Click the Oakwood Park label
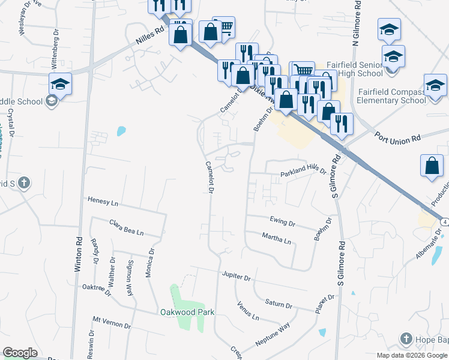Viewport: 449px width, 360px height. tap(187, 312)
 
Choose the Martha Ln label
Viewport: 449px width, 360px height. tap(276, 238)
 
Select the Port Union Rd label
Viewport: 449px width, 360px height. tap(397, 139)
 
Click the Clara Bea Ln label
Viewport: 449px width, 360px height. tap(127, 227)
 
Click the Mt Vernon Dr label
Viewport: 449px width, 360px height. tap(111, 322)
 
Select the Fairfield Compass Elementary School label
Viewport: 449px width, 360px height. tap(391, 96)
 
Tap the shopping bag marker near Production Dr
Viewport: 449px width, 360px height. tap(432, 166)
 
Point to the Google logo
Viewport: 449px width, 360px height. tap(20, 353)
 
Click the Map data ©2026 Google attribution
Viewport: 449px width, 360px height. tap(411, 355)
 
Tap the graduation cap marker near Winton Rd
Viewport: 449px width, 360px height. tap(60, 84)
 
